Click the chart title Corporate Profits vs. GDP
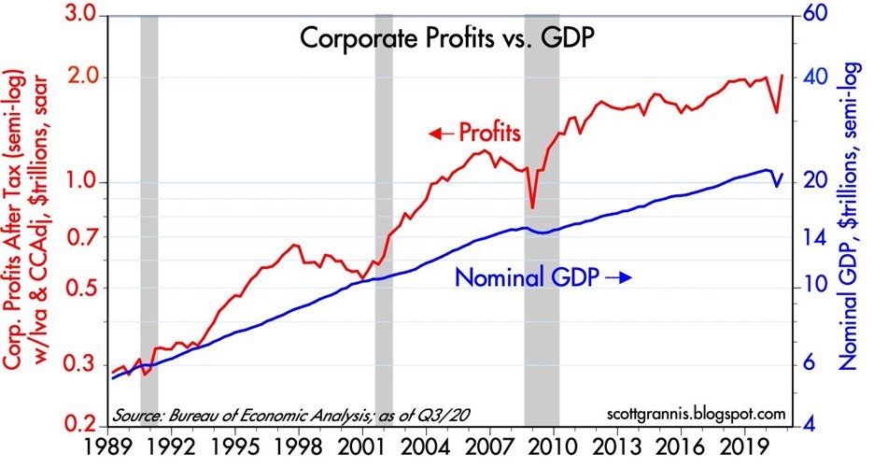447,39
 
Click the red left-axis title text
25,220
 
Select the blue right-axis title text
851,220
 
